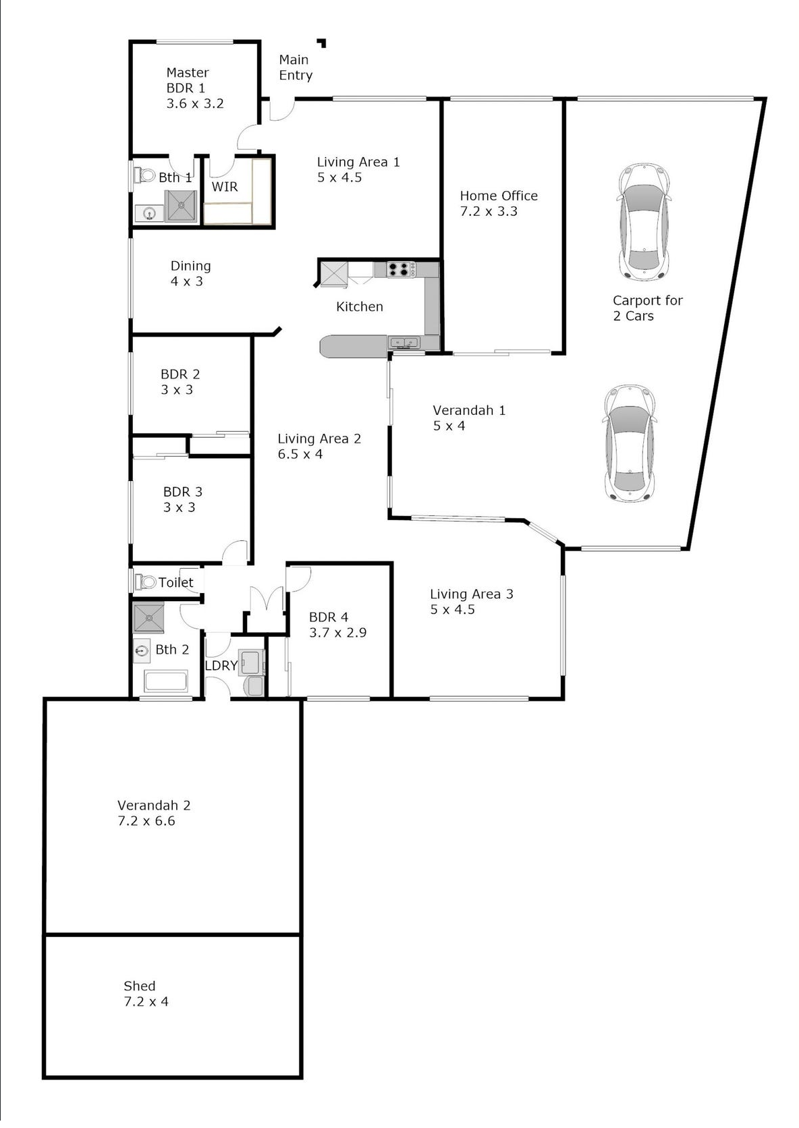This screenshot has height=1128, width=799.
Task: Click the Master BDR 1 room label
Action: [x=195, y=88]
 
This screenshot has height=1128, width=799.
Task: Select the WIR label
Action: [x=224, y=187]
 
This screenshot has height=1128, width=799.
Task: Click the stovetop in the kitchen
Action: [x=401, y=269]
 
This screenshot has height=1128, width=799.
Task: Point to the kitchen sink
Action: [x=404, y=343]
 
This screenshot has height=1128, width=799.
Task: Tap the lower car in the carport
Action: [x=630, y=444]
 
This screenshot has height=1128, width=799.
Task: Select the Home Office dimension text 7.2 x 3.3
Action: [x=488, y=212]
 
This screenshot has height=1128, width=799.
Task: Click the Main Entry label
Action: [x=296, y=67]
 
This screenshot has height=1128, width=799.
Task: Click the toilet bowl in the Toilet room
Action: [x=145, y=582]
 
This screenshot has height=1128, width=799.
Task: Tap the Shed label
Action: [x=140, y=986]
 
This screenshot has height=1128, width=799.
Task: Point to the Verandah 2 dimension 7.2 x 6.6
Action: [x=146, y=821]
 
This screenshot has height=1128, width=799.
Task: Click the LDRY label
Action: [x=221, y=665]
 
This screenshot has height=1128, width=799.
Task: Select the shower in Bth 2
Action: [x=148, y=617]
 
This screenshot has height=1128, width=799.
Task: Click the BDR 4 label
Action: [x=329, y=617]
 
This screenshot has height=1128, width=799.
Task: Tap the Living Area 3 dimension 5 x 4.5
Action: [x=452, y=609]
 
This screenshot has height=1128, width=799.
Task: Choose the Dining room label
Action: [x=190, y=266]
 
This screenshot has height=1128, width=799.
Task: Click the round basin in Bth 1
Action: [x=149, y=214]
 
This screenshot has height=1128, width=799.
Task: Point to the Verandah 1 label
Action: [x=469, y=410]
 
